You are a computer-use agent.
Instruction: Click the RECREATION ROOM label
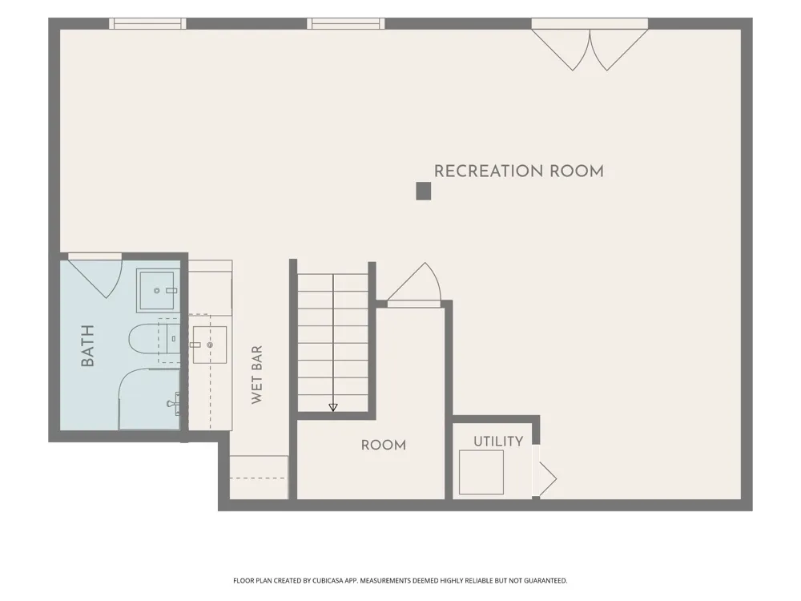tap(518, 171)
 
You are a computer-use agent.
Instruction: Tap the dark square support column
tap(424, 192)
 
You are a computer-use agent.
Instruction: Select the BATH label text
tap(88, 346)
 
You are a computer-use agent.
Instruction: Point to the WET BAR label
tap(257, 374)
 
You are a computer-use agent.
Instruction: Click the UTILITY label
tap(498, 442)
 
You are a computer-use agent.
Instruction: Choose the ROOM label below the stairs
tap(384, 445)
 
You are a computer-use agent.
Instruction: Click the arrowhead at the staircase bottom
tap(333, 407)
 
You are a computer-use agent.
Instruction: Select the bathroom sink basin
tap(158, 290)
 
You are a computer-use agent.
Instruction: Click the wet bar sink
tap(209, 345)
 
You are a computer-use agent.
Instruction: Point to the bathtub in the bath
tap(149, 398)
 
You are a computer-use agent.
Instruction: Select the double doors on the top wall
tap(590, 50)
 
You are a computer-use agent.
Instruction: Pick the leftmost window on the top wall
tap(147, 23)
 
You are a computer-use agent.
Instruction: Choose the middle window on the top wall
tap(346, 23)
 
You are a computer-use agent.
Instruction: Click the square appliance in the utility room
tap(481, 472)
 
